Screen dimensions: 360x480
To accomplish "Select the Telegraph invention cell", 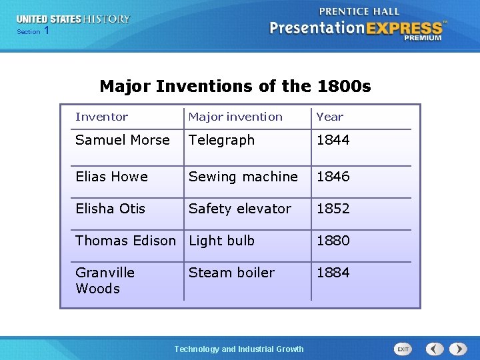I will tap(221, 140).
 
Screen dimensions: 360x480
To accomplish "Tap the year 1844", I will tap(333, 140).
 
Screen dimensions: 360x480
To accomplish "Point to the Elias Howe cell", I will tap(111, 177).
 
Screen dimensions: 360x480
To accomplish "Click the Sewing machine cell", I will tap(243, 177).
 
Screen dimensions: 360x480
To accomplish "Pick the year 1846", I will tap(333, 177).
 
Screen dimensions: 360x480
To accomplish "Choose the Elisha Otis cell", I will tap(110, 209).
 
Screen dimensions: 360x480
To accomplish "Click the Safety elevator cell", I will tap(239, 209).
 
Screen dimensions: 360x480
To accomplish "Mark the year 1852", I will tap(333, 209).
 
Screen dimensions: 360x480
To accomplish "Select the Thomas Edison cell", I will tap(125, 241).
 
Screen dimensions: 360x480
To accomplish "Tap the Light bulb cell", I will tap(221, 241).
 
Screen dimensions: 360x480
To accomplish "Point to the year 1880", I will tap(333, 241).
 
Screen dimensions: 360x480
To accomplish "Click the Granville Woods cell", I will tap(105, 280).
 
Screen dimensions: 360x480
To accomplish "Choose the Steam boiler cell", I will tap(231, 273).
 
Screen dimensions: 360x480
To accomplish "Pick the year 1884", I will tap(333, 273).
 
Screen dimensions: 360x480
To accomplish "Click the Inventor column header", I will tap(101, 117).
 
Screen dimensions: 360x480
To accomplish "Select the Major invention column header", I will tap(235, 117).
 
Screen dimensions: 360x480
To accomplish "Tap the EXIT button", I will tap(403, 349).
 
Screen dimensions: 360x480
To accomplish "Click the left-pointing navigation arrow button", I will tap(435, 349).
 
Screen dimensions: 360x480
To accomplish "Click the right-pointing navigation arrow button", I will tap(458, 349).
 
